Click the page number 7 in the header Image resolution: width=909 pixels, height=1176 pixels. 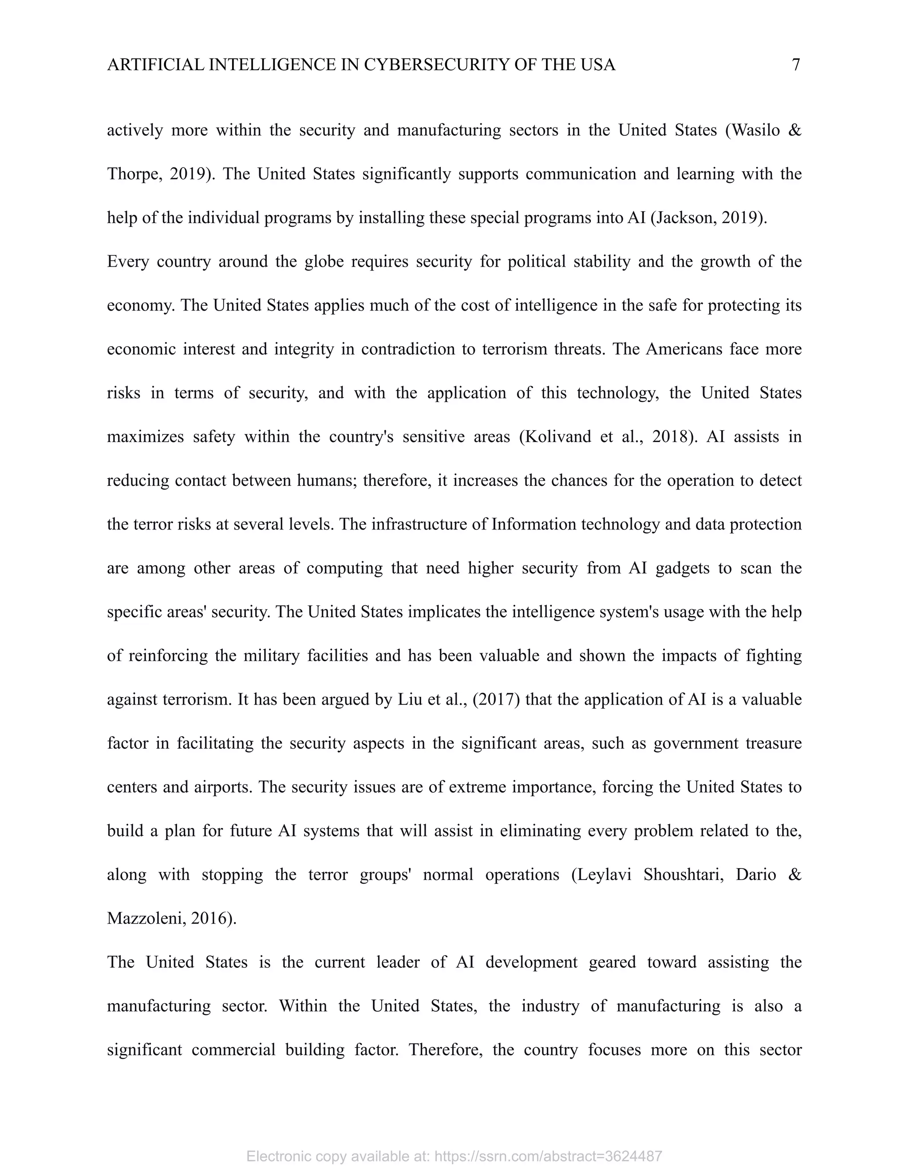796,65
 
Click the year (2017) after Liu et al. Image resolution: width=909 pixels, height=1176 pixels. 495,699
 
